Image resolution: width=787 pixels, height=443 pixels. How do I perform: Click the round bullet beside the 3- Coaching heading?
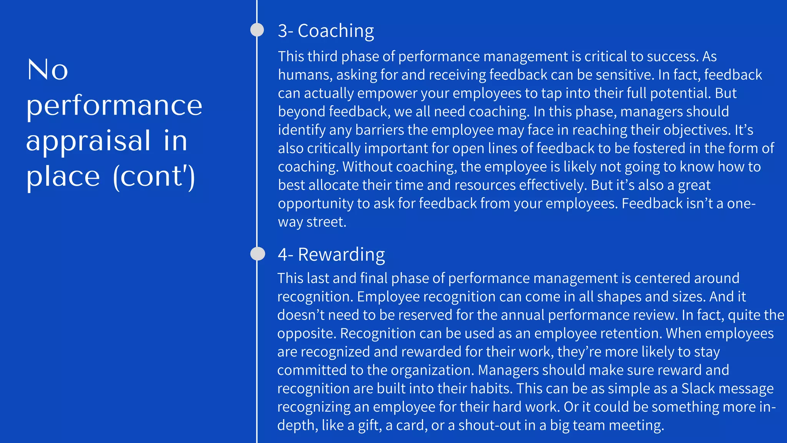[257, 30]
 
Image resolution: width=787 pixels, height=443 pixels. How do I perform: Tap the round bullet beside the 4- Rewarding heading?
[257, 253]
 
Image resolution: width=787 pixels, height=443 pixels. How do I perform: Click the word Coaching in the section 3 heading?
[335, 31]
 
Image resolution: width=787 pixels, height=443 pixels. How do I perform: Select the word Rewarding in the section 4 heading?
[341, 255]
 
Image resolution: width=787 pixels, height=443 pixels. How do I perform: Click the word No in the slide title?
[48, 70]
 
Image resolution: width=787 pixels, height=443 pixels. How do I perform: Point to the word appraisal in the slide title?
[88, 141]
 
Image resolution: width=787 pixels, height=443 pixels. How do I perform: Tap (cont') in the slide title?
[154, 177]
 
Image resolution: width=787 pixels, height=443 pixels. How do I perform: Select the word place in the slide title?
[63, 177]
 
